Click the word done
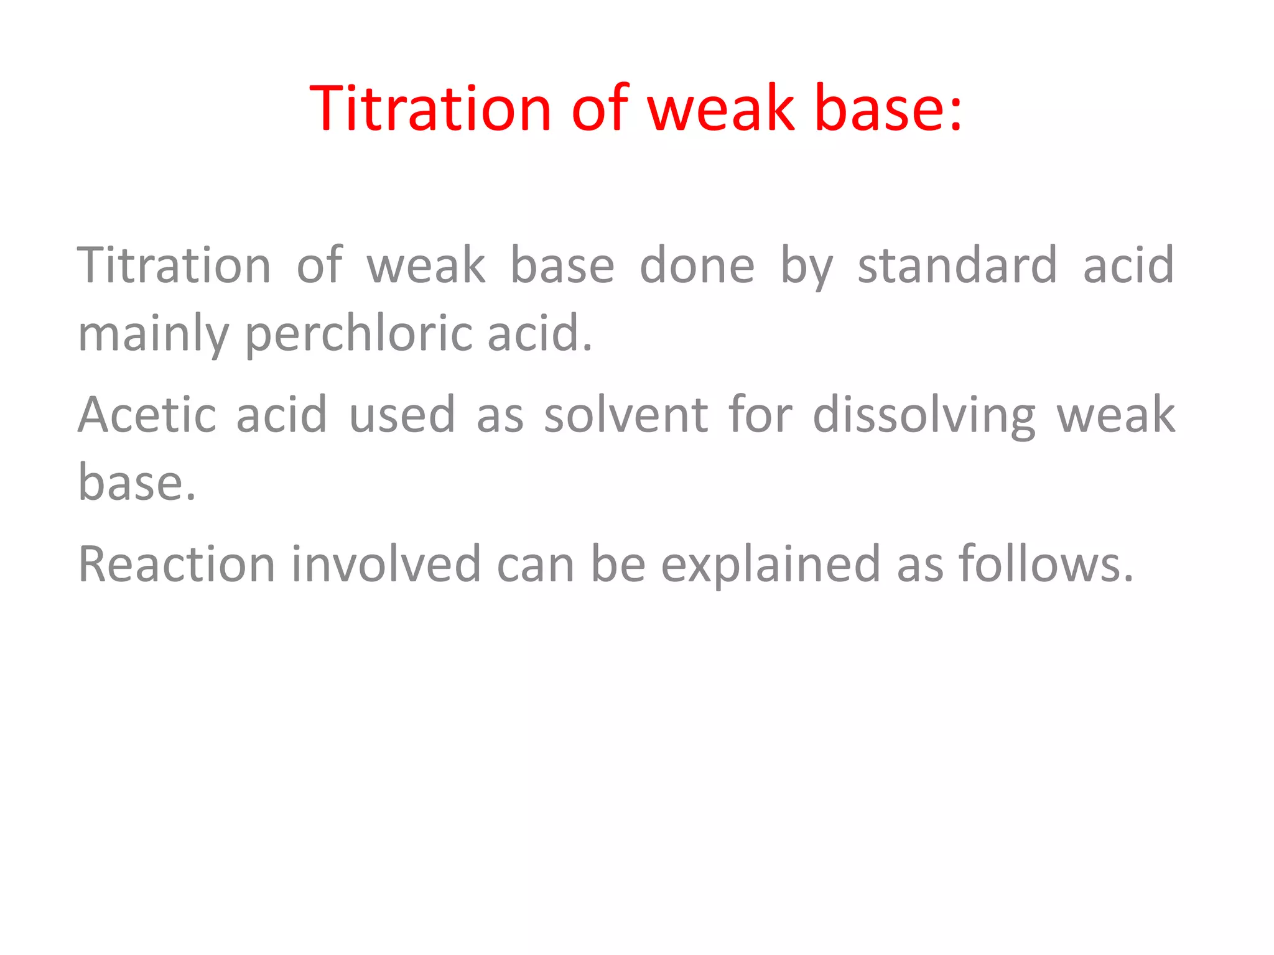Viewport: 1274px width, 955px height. [x=697, y=265]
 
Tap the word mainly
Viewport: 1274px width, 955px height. [x=153, y=334]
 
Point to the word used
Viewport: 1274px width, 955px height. [x=402, y=415]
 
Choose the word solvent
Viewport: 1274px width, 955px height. [x=626, y=415]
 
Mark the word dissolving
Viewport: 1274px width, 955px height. [x=924, y=415]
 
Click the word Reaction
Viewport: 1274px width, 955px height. [x=177, y=564]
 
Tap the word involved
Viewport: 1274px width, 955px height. [x=386, y=564]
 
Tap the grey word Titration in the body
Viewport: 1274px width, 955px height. [x=174, y=265]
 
